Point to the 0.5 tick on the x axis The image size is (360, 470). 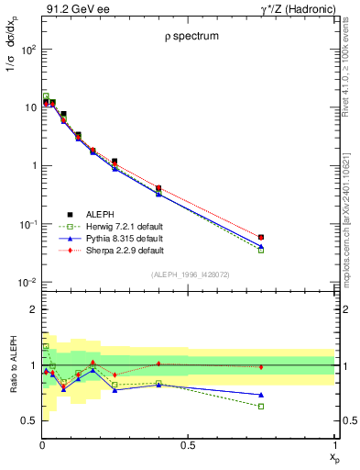point(188,444)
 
